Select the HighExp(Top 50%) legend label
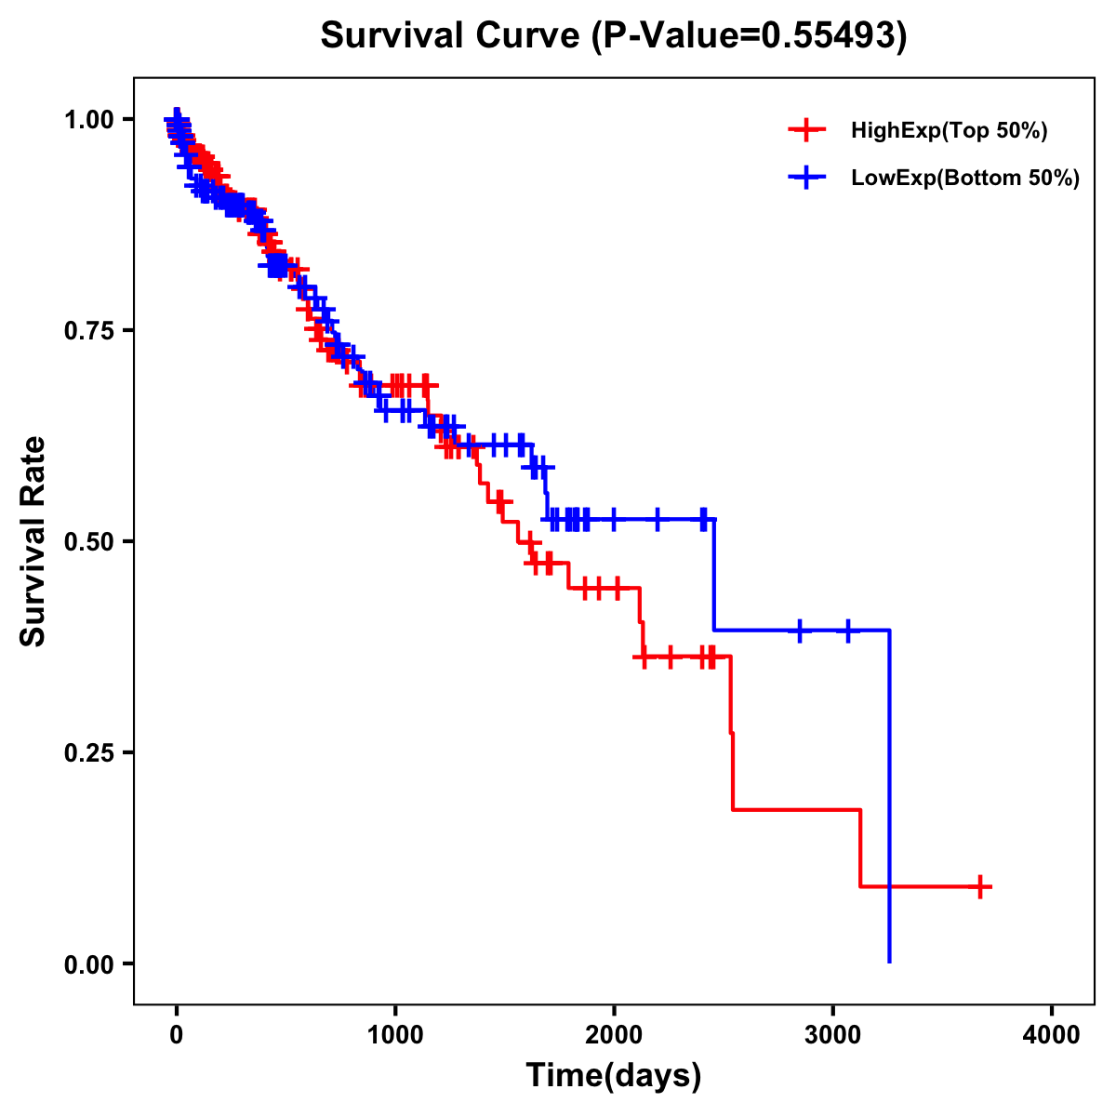(x=949, y=131)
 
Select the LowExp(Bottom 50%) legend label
(x=965, y=179)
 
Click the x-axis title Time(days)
(x=614, y=1076)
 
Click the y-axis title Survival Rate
(x=33, y=541)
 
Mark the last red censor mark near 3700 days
(x=979, y=886)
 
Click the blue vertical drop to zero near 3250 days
(x=890, y=790)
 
